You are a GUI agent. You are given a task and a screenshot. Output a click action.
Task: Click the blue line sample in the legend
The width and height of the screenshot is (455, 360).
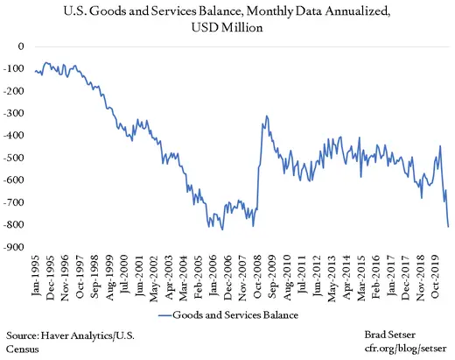tap(171, 313)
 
